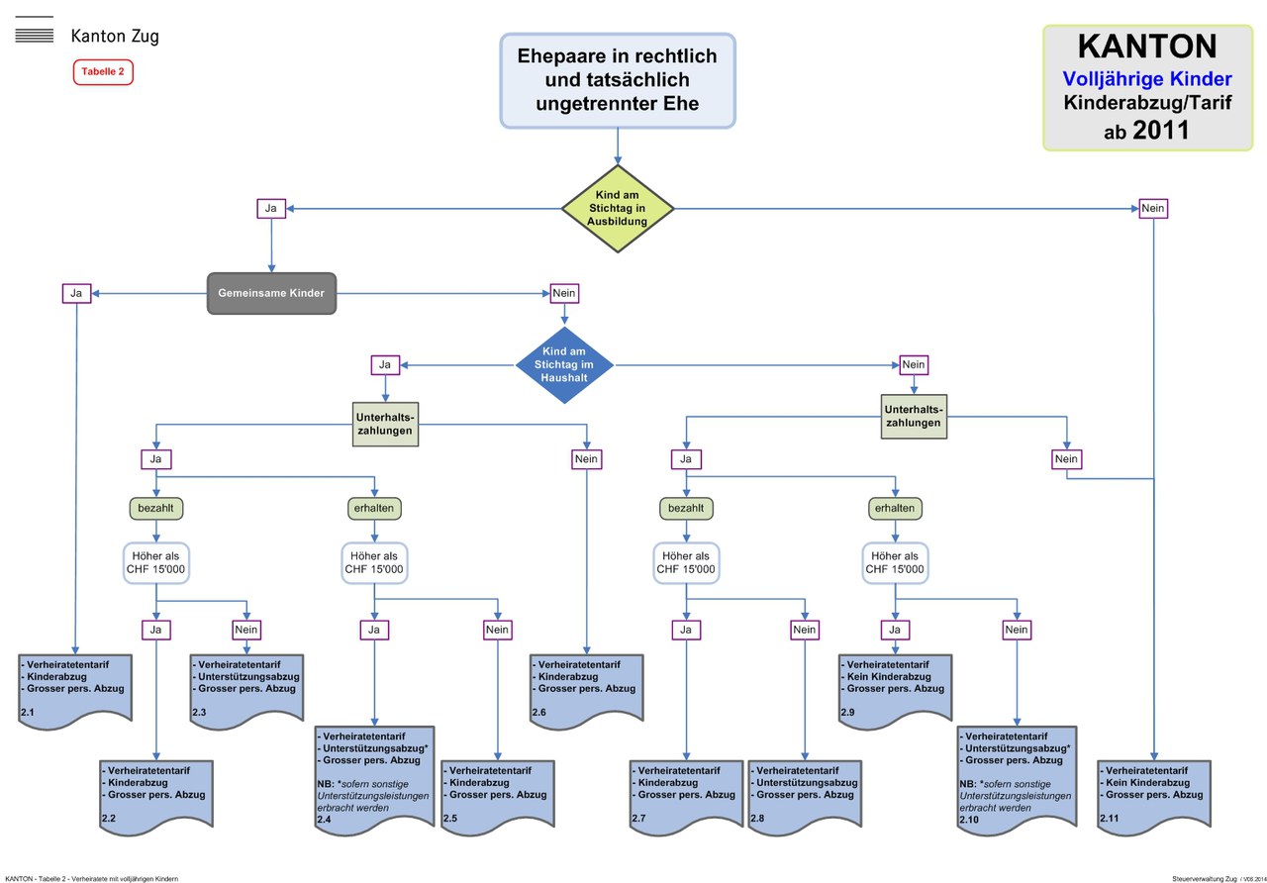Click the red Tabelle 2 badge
click(103, 72)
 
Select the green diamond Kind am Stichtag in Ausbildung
click(618, 208)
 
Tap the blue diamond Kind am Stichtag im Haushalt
click(564, 365)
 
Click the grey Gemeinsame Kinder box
click(271, 293)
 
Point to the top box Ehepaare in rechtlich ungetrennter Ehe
click(618, 80)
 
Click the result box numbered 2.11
click(1152, 796)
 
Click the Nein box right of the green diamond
click(1152, 209)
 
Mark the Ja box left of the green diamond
click(271, 209)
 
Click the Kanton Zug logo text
click(115, 37)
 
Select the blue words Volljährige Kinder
click(1146, 78)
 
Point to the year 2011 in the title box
click(1161, 130)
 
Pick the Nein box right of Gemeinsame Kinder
click(564, 293)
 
